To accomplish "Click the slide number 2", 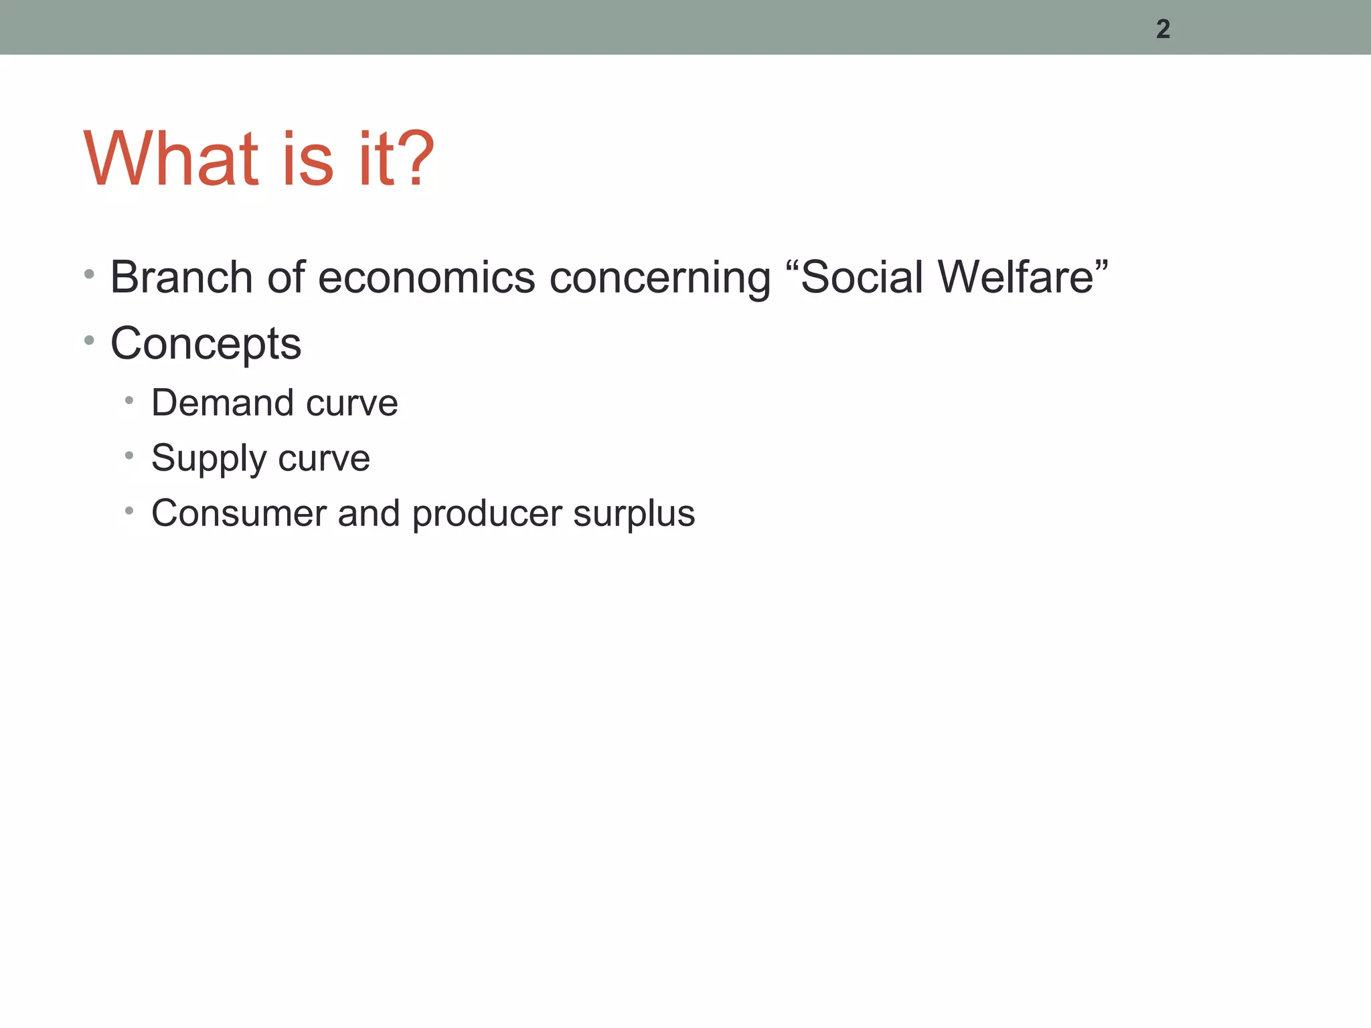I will pos(1163,29).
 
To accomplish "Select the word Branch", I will pos(181,277).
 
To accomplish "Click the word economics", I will pos(426,277).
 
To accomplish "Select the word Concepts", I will pos(206,344).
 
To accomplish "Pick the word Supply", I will pos(209,459).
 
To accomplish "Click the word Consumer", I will pos(238,513).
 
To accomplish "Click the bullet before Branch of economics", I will pos(89,274).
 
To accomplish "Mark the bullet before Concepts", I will pos(89,341).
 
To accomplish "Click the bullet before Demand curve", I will pos(129,401).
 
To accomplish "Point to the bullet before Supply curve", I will pos(129,456).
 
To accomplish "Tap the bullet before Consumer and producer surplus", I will pos(129,511).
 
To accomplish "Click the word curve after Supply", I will pos(324,458).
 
